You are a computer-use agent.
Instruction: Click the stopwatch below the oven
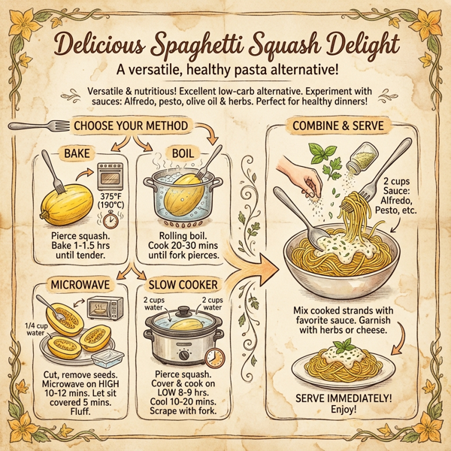pos(110,220)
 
